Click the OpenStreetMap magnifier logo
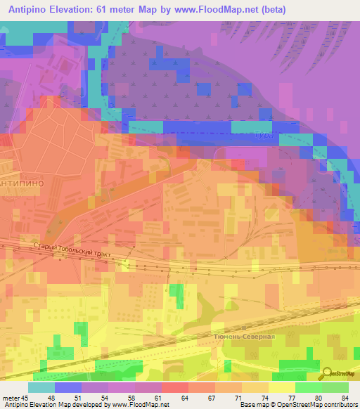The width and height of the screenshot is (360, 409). click(327, 373)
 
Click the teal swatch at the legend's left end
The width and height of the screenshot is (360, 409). click(41, 387)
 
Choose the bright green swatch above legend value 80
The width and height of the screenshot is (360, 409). click(309, 387)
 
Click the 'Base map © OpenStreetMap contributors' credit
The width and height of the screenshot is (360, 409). click(297, 404)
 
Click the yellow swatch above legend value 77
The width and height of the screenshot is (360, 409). click(282, 387)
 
